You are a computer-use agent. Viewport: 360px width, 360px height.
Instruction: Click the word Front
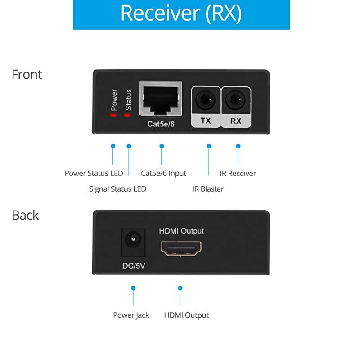tap(27, 74)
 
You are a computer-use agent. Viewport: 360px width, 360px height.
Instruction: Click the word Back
tap(25, 215)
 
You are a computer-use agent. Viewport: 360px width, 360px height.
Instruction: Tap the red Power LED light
tap(113, 115)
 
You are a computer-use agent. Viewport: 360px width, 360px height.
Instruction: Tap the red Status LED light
tap(127, 115)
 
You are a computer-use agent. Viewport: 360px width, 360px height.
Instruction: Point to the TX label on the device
tap(206, 121)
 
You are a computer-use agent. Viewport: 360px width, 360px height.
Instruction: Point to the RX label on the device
tap(236, 121)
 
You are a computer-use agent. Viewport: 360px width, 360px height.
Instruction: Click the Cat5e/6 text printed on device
tap(161, 124)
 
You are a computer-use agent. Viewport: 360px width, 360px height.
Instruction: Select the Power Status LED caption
tap(94, 173)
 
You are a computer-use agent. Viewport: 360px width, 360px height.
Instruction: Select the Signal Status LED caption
tap(117, 189)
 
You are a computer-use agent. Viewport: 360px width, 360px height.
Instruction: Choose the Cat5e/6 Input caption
tap(163, 173)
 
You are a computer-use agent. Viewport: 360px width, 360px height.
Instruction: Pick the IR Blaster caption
tap(208, 189)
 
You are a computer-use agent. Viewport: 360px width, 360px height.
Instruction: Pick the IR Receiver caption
tap(238, 173)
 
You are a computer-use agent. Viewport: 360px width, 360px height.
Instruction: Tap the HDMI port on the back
tap(181, 248)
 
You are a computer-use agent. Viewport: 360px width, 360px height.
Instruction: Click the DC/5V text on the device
tap(134, 265)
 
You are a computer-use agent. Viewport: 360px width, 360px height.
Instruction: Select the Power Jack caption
tap(131, 315)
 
